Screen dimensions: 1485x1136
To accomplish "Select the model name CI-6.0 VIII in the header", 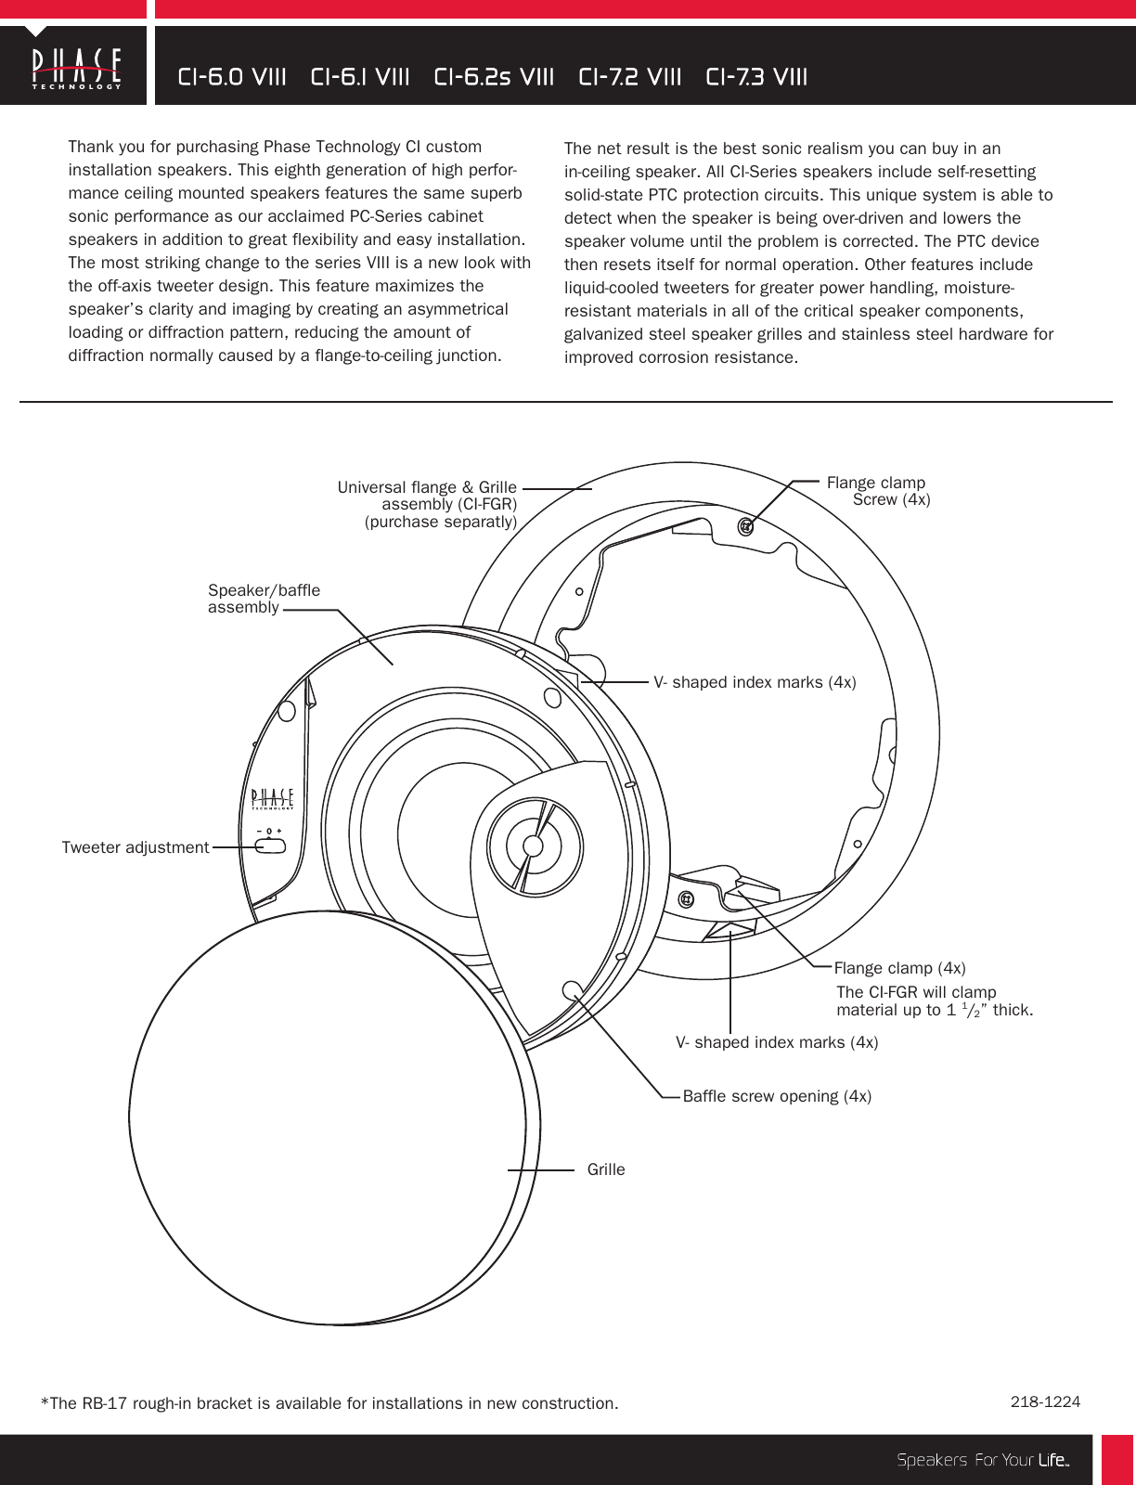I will point(232,77).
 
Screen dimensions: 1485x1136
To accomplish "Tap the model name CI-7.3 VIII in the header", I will point(756,77).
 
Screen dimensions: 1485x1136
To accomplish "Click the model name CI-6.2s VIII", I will point(494,77).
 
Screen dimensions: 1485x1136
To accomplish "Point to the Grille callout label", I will point(606,1169).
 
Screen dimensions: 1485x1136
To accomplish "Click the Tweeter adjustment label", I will point(136,847).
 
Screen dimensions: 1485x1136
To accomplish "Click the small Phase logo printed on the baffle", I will point(273,798).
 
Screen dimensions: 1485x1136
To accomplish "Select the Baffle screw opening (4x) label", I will point(777,1096).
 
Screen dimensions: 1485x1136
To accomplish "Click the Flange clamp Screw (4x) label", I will point(878,491).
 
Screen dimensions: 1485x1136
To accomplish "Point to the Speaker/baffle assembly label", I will point(264,599).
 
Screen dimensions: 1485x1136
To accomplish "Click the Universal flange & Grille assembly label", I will point(428,504).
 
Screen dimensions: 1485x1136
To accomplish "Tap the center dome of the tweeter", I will point(533,846).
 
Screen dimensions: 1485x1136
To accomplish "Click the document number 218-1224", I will point(1045,1401).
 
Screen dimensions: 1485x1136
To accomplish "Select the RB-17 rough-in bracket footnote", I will point(329,1403).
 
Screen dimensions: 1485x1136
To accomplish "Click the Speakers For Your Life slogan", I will point(983,1460).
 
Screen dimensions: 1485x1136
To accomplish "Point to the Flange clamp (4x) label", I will point(899,968).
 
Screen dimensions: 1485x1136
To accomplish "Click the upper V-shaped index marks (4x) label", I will point(755,682).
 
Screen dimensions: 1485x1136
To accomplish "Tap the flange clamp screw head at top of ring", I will point(745,526).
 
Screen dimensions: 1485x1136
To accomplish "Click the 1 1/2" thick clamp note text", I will point(934,1001).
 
